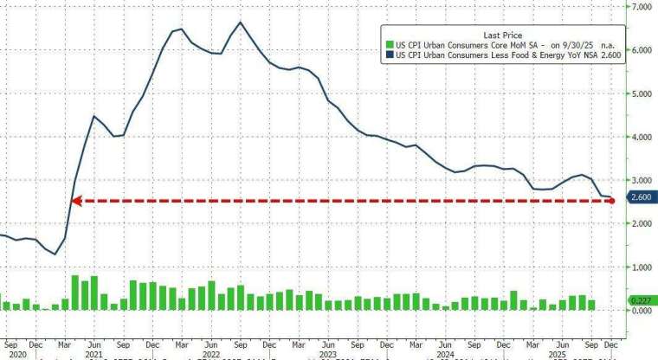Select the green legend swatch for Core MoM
[x=390, y=42]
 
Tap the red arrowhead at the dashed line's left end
[x=75, y=201]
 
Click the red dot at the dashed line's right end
[x=613, y=201]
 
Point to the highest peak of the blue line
[x=240, y=22]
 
